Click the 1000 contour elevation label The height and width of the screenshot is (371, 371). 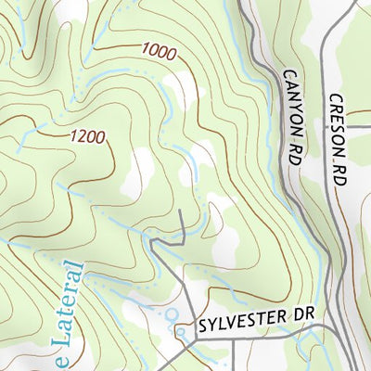[x=159, y=52]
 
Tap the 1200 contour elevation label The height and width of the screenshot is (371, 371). [x=87, y=136]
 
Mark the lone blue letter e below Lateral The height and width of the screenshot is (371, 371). [x=63, y=358]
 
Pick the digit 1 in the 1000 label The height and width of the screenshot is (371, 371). [x=147, y=50]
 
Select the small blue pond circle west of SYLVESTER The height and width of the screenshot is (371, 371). [x=171, y=314]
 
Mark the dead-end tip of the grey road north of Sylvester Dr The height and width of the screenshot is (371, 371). [x=182, y=216]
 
